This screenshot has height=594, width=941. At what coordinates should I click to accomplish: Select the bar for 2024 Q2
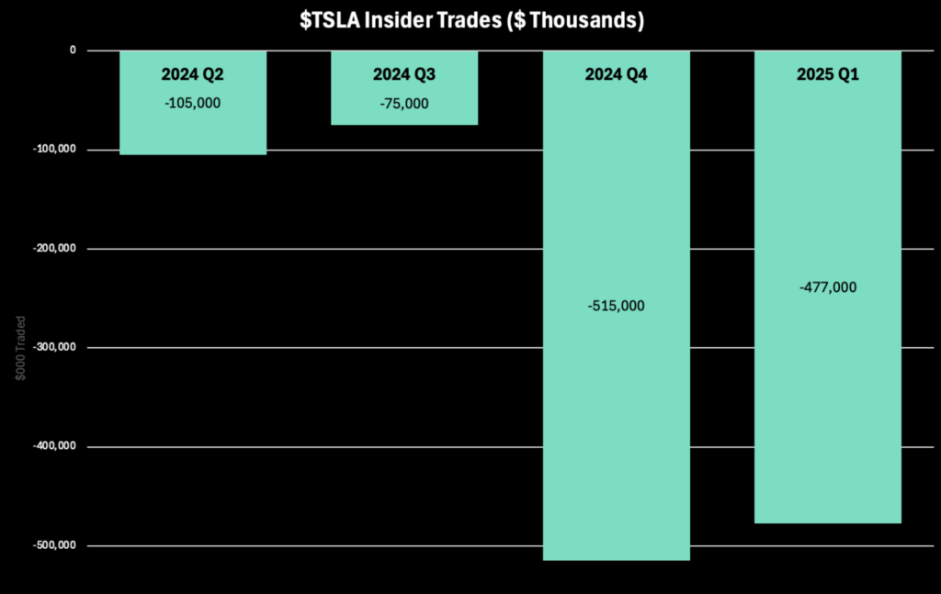(x=193, y=103)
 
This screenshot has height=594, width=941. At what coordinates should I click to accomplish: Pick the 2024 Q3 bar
(x=404, y=87)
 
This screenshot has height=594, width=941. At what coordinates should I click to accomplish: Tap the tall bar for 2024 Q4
(x=617, y=306)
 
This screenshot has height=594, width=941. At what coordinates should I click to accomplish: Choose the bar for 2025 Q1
(x=828, y=287)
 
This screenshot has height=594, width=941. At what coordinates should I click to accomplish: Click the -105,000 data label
(x=193, y=103)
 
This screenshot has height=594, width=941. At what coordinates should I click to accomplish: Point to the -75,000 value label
(x=404, y=104)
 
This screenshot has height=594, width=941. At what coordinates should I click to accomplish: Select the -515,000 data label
(x=617, y=306)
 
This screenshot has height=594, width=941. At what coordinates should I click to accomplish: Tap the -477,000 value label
(x=828, y=287)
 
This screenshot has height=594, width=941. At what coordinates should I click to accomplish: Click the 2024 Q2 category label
(x=193, y=74)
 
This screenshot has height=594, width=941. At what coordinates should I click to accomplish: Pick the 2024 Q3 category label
(x=404, y=74)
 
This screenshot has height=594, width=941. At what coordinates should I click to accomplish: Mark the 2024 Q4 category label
(x=617, y=74)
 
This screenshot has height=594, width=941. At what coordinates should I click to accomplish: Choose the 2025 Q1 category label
(x=828, y=74)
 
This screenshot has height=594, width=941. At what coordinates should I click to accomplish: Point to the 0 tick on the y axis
(x=73, y=50)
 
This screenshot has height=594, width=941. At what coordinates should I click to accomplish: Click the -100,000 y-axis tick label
(x=54, y=150)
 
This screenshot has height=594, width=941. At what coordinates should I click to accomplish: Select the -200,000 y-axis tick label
(x=54, y=248)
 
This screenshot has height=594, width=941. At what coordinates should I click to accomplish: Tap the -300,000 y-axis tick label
(x=54, y=347)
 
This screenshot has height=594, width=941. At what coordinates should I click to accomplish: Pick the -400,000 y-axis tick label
(x=54, y=446)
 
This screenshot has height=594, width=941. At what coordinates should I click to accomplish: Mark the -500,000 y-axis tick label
(x=54, y=544)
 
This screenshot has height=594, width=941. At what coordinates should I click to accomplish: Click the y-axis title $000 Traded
(x=20, y=348)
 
